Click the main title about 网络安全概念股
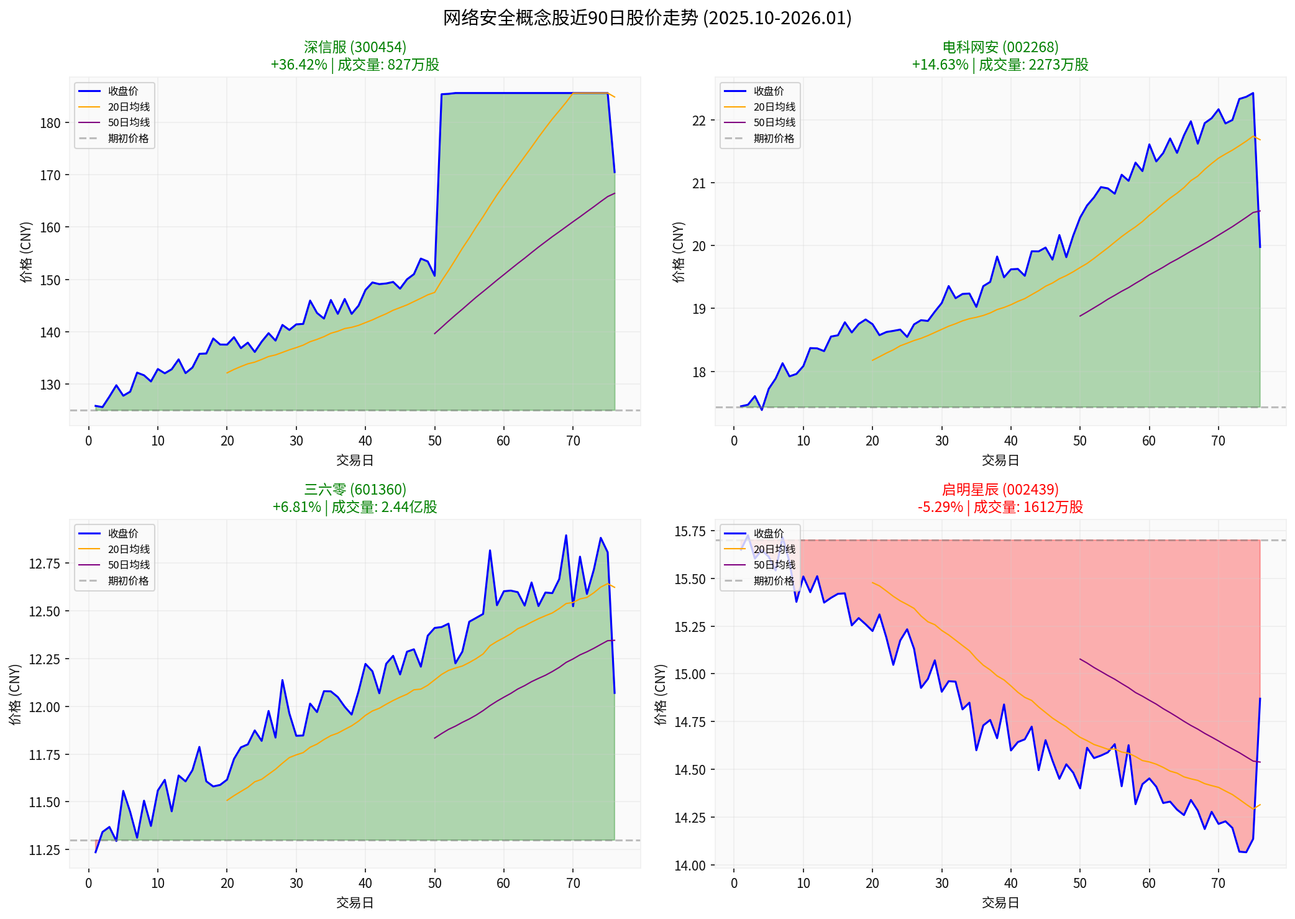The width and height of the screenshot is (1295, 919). [x=647, y=17]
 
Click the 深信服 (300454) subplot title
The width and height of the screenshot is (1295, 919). [x=355, y=47]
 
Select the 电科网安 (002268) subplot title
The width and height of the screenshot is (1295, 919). [x=1000, y=47]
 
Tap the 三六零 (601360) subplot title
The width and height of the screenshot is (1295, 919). [x=355, y=490]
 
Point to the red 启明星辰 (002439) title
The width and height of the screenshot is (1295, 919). [x=1000, y=490]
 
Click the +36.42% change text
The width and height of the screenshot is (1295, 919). [x=299, y=65]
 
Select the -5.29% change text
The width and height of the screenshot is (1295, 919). [x=940, y=507]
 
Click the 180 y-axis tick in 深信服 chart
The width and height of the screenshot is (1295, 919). [x=50, y=123]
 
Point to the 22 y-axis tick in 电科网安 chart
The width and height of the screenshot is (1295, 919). [x=699, y=121]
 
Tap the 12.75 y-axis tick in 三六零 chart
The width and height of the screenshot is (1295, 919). [x=45, y=564]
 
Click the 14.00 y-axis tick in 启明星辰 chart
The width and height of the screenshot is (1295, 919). [x=690, y=865]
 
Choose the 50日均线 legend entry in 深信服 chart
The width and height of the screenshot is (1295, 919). [x=129, y=122]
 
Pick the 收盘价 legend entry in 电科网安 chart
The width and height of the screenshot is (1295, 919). [x=769, y=91]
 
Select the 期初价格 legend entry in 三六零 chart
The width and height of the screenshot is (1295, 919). [x=128, y=580]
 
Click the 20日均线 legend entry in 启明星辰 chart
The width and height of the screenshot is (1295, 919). [x=774, y=549]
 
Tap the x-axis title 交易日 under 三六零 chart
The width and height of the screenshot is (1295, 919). [x=355, y=902]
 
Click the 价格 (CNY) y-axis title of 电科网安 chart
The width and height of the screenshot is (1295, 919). [x=678, y=252]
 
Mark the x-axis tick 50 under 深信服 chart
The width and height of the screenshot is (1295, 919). [x=434, y=441]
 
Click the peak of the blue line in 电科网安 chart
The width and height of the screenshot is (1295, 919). [x=1253, y=93]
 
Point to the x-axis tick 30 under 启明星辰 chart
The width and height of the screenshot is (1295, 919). [x=941, y=883]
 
